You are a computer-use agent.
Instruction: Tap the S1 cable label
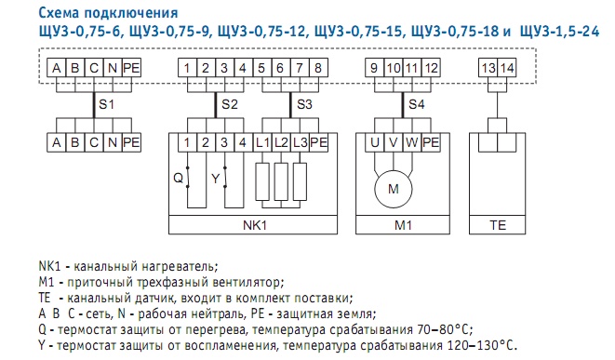point(106,104)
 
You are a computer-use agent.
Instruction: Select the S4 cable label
point(417,104)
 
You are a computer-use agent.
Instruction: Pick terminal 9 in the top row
point(373,68)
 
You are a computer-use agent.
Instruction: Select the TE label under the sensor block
point(498,225)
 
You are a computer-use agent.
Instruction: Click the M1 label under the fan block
point(401,225)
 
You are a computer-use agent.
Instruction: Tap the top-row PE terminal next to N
point(130,68)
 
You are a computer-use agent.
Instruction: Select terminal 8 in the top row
point(318,68)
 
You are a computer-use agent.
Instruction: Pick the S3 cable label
point(304,104)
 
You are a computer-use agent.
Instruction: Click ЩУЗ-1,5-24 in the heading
point(561,33)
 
